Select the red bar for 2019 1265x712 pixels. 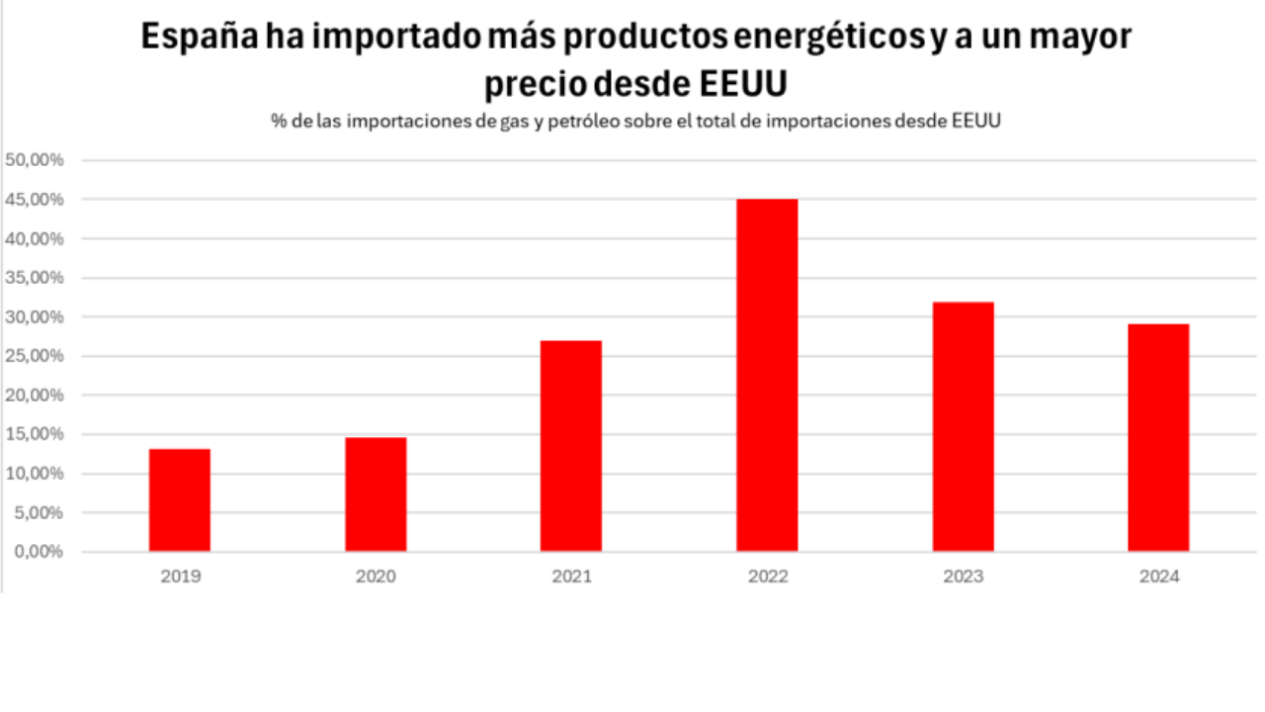coord(180,500)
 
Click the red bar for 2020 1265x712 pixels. coord(376,494)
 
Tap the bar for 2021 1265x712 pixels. coord(571,446)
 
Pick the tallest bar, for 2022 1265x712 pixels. coord(767,376)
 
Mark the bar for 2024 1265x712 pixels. coord(1158,438)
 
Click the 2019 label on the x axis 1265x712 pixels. coord(180,577)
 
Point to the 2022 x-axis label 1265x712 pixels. coord(767,577)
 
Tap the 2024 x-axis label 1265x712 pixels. coord(1158,577)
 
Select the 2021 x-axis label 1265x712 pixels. coord(571,577)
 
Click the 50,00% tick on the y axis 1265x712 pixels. coord(36,160)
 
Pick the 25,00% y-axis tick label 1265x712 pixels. coord(36,356)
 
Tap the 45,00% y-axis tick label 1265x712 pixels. coord(36,200)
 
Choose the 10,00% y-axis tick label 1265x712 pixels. coord(36,474)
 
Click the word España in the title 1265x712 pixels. coord(198,37)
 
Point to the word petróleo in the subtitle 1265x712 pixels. coord(574,122)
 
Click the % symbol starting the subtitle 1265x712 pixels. coord(279,122)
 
